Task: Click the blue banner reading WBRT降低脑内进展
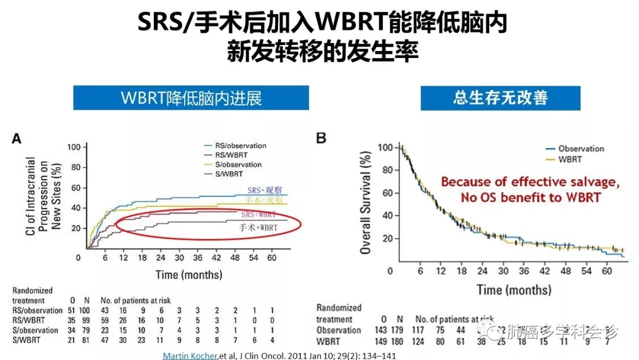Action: pyautogui.click(x=191, y=98)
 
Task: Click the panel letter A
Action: pyautogui.click(x=17, y=139)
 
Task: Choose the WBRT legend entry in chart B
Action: pyautogui.click(x=569, y=159)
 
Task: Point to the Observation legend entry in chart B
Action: pyautogui.click(x=580, y=149)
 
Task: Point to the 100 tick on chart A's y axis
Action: pyautogui.click(x=73, y=147)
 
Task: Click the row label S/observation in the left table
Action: pyautogui.click(x=37, y=330)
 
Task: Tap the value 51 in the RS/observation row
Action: pyautogui.click(x=70, y=310)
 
